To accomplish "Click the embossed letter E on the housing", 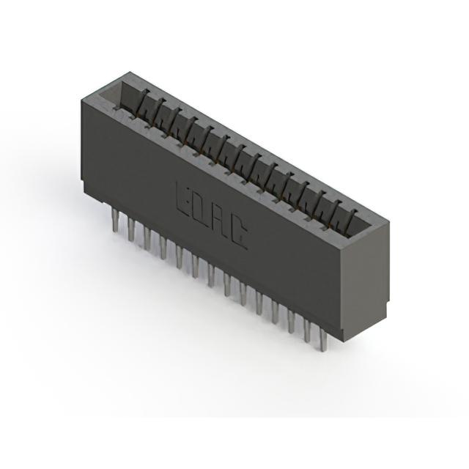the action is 182,197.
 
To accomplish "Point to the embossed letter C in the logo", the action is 238,232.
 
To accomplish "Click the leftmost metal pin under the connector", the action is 115,219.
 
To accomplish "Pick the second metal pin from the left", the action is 131,228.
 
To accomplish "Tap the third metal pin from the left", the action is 147,237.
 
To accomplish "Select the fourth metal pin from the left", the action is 163,247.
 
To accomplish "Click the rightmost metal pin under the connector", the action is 322,339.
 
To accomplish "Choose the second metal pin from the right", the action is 308,330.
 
